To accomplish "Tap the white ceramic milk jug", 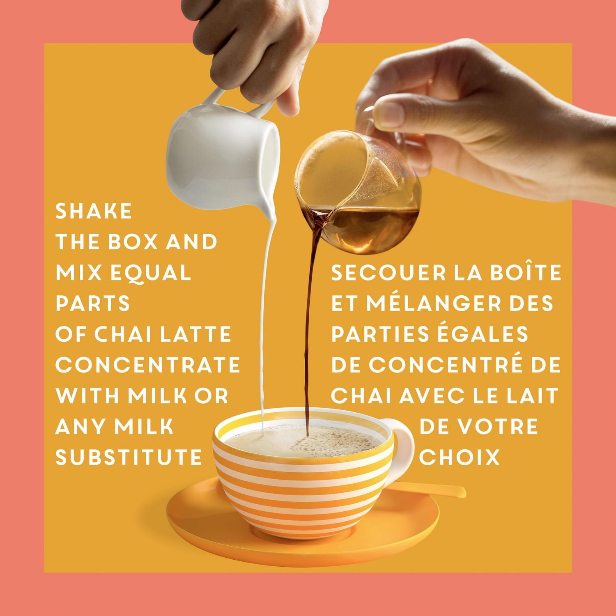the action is (224, 140).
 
